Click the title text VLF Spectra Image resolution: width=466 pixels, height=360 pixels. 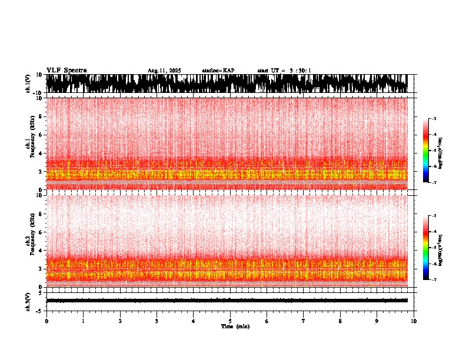click(x=66, y=71)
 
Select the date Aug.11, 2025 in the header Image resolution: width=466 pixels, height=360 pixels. click(x=164, y=71)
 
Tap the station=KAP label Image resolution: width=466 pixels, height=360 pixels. click(x=218, y=71)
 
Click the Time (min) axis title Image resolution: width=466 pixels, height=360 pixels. click(x=235, y=326)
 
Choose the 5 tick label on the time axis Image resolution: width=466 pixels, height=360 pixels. click(x=230, y=321)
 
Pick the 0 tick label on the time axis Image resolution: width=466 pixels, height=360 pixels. click(x=46, y=321)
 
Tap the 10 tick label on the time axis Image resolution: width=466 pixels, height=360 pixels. click(x=414, y=321)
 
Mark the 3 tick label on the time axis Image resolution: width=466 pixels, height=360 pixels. click(x=157, y=321)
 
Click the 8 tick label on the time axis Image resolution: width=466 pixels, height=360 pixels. click(x=340, y=321)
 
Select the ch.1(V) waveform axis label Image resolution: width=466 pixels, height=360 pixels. click(x=28, y=84)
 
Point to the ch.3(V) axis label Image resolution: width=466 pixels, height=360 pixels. click(x=28, y=301)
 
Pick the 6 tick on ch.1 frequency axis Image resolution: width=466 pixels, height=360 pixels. click(x=41, y=135)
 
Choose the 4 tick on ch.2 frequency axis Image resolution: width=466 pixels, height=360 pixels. click(x=41, y=251)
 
